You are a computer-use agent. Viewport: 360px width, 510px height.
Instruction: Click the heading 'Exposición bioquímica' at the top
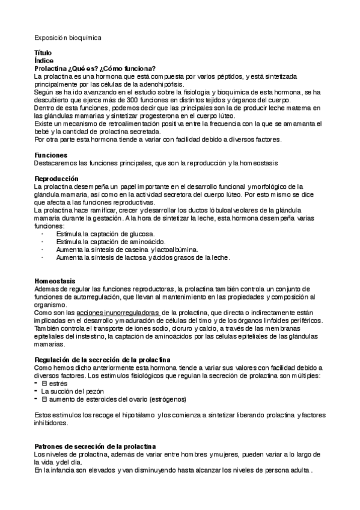[x=68, y=37]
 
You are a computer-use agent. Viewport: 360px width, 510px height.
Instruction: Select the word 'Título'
[x=43, y=53]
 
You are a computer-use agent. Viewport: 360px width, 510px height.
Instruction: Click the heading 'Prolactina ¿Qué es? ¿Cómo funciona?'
[x=95, y=69]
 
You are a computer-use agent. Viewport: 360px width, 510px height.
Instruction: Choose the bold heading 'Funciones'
[x=51, y=155]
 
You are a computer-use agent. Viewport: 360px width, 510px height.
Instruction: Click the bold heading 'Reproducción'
[x=56, y=179]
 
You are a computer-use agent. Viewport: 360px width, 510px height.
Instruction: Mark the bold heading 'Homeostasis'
[x=55, y=281]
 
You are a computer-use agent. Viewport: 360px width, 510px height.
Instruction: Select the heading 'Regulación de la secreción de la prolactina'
[x=103, y=360]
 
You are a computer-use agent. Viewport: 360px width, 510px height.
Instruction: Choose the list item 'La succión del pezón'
[x=71, y=391]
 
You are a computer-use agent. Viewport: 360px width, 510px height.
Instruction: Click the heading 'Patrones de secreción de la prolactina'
[x=95, y=446]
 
